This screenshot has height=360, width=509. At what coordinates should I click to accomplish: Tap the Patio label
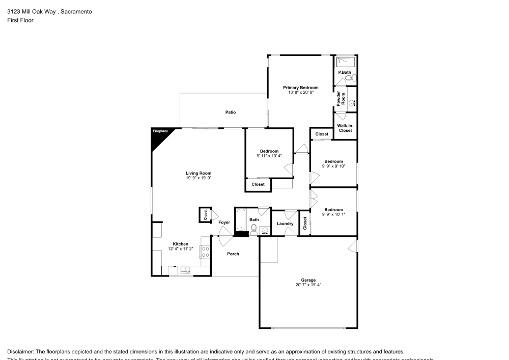coord(231,112)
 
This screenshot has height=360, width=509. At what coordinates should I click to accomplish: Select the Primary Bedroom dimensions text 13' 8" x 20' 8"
coord(300,92)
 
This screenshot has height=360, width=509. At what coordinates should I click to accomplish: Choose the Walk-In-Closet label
coord(345,128)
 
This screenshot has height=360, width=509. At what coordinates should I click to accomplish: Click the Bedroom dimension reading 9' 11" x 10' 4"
coord(269,156)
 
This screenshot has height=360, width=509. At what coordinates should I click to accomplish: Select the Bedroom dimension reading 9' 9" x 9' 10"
coord(333,166)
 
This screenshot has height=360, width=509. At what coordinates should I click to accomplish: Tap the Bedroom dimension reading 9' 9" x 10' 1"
coord(333,214)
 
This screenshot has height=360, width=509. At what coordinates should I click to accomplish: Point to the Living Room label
coord(198,173)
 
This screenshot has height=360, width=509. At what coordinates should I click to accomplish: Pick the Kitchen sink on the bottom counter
coord(185,270)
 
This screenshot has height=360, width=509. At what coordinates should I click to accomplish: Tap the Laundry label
coord(285,224)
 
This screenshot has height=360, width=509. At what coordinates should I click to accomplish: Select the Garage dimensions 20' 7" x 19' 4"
coord(308,285)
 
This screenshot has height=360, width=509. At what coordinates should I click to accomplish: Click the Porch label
coord(233,254)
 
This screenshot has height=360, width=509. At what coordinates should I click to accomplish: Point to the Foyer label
coord(224,223)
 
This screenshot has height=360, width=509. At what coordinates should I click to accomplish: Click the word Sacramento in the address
coord(76,11)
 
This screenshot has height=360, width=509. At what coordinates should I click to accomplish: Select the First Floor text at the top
coord(20,20)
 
